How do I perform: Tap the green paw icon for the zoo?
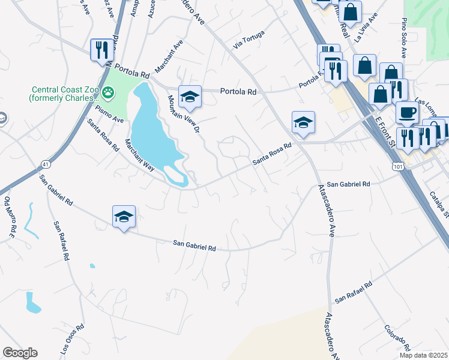108,92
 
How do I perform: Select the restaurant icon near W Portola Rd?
101,50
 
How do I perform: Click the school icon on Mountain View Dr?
190,97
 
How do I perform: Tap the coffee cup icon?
408,112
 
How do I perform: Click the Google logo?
20,353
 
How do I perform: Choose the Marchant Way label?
139,155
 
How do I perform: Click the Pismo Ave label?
110,113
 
